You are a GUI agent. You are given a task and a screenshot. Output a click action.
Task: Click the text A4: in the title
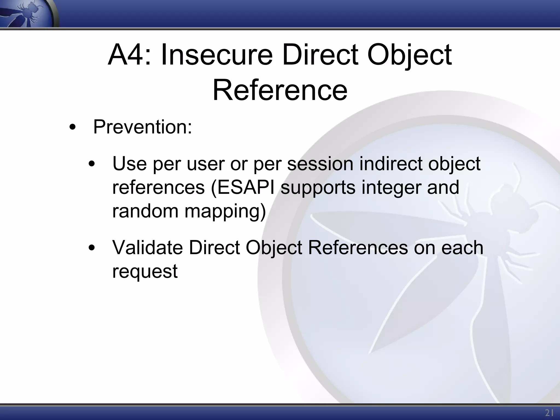click(129, 56)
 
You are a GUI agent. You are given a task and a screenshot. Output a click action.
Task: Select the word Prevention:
click(142, 127)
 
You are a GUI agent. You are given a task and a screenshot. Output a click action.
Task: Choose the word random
click(145, 211)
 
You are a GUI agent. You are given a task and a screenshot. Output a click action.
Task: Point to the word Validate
click(147, 248)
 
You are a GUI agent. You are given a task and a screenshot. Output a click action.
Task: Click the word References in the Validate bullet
click(358, 248)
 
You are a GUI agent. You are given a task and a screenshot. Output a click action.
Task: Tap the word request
click(145, 272)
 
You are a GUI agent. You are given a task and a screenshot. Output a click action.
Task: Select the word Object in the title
click(409, 56)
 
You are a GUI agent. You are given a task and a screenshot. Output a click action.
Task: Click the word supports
click(318, 188)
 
